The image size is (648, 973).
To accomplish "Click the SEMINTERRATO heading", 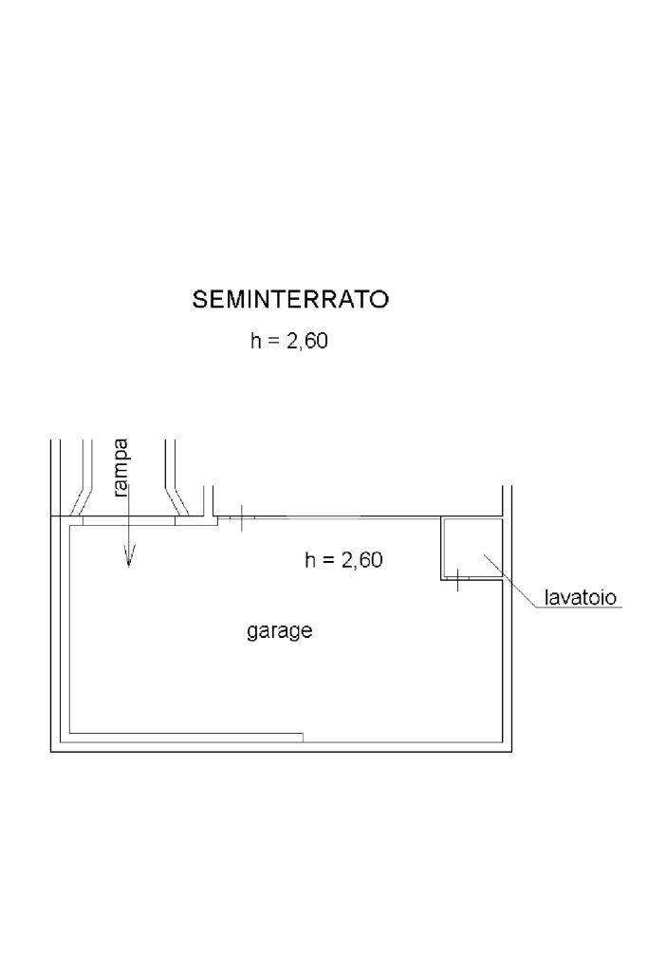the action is (x=290, y=300).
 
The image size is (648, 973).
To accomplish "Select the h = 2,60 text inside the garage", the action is (x=343, y=560).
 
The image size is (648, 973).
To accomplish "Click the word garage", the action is (x=280, y=630).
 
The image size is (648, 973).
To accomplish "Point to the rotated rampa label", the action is (x=120, y=468).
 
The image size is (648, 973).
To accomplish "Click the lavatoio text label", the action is (x=581, y=598).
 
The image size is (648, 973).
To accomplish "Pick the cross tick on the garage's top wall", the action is (x=241, y=518).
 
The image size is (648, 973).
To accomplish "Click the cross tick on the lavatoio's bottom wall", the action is (x=457, y=578).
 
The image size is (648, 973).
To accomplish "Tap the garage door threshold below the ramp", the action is (x=129, y=520).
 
